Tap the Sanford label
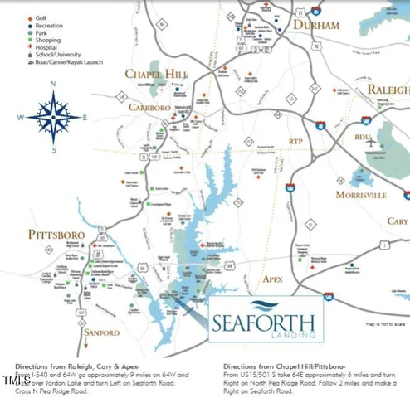coord(100,332)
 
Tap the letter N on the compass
coord(53,84)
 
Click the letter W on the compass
coord(21,117)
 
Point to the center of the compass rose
coord(53,117)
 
